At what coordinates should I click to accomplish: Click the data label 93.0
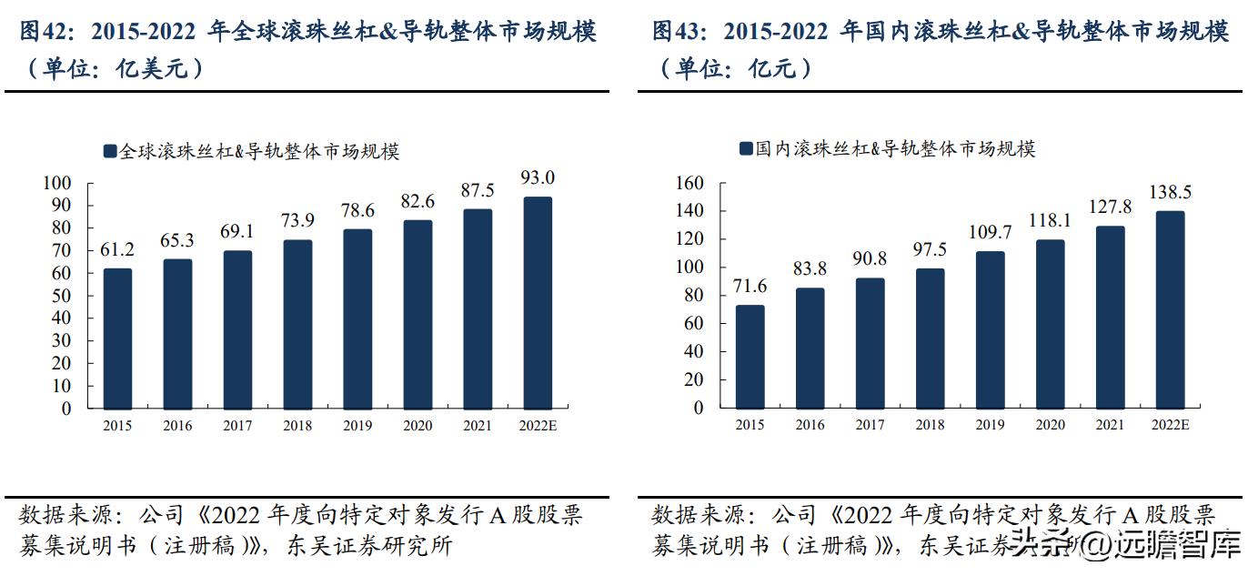click(538, 177)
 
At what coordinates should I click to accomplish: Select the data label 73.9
click(297, 221)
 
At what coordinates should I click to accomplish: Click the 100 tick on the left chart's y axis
click(56, 183)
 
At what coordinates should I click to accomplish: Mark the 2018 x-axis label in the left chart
click(297, 426)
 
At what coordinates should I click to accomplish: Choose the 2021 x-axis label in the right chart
click(1110, 425)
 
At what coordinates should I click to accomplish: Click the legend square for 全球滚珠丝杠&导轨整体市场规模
click(110, 151)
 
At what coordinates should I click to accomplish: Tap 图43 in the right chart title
click(679, 34)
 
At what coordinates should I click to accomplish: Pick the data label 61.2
click(117, 249)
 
